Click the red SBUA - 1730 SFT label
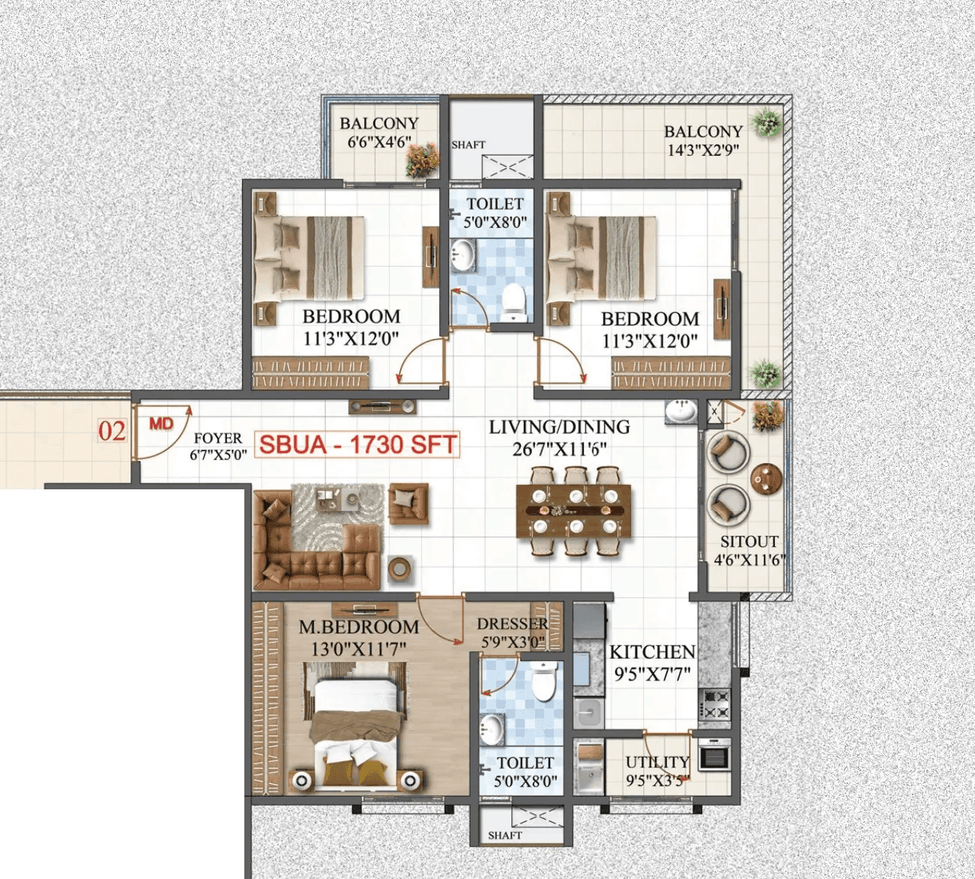(x=357, y=444)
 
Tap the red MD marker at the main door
(x=161, y=424)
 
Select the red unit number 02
(x=112, y=431)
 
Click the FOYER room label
(x=217, y=438)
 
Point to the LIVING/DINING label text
(x=559, y=427)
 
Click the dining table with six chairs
(x=573, y=511)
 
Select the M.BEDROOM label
(x=358, y=627)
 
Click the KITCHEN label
(x=652, y=652)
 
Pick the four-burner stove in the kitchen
(x=714, y=705)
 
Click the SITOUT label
(x=749, y=542)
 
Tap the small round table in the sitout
(x=766, y=480)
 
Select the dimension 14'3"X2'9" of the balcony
(x=703, y=150)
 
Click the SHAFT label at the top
(x=468, y=145)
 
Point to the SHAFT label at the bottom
(x=504, y=835)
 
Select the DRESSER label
(x=513, y=624)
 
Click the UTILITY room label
(x=657, y=762)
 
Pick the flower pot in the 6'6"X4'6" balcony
(x=423, y=160)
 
